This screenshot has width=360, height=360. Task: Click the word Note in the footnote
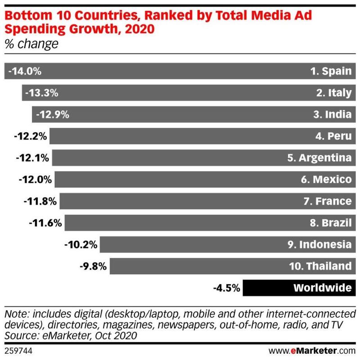[x=15, y=313]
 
